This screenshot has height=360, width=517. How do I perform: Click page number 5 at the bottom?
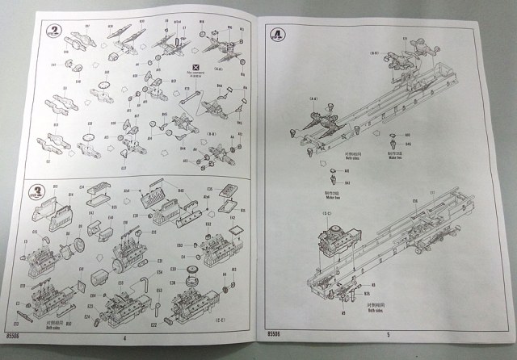389,333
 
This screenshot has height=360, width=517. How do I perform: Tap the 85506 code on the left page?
11,332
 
